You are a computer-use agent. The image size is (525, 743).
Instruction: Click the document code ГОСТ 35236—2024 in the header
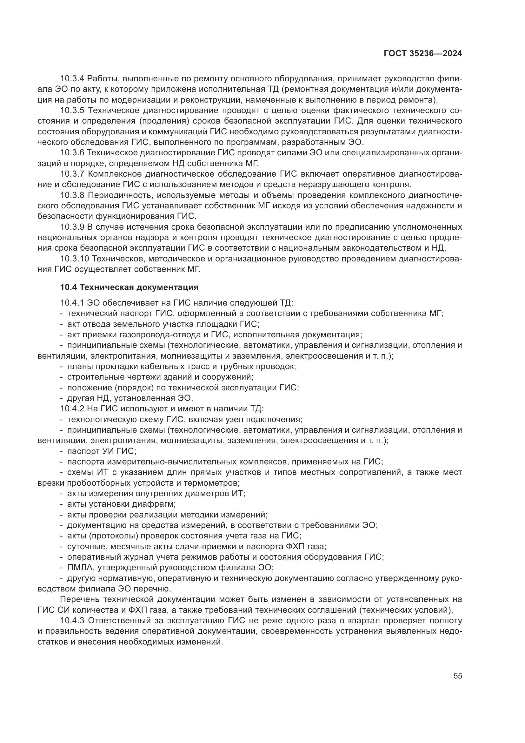(422, 54)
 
